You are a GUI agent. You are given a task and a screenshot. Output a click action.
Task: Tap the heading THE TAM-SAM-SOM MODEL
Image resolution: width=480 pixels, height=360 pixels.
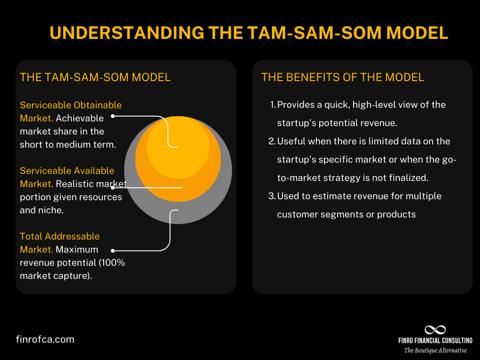pos(95,77)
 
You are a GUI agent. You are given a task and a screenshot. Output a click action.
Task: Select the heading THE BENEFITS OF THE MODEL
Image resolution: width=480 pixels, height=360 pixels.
pos(342,77)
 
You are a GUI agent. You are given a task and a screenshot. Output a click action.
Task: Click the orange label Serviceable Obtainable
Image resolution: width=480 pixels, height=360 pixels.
pos(71,105)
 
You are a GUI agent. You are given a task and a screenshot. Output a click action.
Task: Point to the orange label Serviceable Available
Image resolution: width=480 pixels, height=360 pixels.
pos(67,171)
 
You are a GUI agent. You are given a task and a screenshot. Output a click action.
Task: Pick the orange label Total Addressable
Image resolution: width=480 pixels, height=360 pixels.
pos(60,237)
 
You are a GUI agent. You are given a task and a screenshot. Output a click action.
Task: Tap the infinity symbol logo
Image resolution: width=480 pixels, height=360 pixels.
pos(435,330)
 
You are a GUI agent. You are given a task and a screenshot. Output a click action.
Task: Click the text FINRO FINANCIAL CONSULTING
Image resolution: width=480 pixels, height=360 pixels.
pos(435,340)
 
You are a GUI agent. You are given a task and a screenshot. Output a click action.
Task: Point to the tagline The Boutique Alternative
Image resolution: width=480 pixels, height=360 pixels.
pos(435,350)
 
